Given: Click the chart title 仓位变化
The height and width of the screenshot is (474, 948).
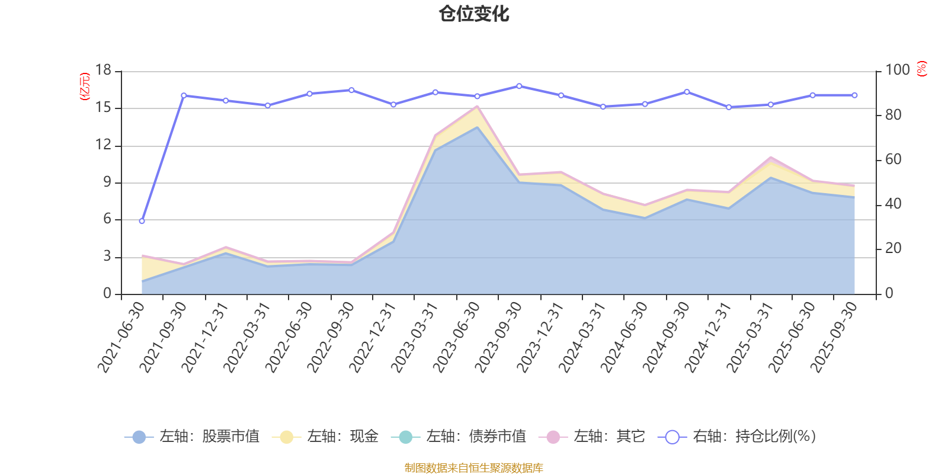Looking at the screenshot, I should [474, 14].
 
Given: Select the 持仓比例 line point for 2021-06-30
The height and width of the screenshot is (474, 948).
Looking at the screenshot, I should [142, 221].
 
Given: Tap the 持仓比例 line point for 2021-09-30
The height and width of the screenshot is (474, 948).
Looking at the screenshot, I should [184, 95].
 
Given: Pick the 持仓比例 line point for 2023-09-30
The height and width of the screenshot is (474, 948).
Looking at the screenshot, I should [519, 86].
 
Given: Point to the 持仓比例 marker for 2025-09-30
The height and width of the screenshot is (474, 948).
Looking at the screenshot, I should [854, 95].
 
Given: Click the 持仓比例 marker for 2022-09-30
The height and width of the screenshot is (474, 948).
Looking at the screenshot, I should [351, 90].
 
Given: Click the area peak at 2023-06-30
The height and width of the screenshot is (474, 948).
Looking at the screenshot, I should [477, 107].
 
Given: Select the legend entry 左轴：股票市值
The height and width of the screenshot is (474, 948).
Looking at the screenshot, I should [192, 437].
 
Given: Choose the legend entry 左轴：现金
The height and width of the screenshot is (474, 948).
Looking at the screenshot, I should [325, 437].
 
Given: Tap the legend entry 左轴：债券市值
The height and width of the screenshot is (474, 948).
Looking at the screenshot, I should [459, 437].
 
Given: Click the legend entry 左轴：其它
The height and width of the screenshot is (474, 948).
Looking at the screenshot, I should [592, 437].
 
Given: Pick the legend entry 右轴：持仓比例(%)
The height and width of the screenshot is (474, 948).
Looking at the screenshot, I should [737, 437].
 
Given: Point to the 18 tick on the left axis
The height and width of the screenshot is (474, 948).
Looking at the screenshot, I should [103, 71].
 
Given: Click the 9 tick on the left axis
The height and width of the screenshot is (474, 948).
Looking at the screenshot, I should [107, 182].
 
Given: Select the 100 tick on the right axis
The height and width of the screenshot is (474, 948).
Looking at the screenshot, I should [897, 71].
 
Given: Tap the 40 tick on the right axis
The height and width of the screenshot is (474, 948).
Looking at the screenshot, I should [893, 204].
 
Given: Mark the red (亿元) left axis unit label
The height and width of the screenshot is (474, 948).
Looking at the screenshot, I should [85, 87].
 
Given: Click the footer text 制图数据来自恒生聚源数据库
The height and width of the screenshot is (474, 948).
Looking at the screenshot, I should [474, 468].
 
